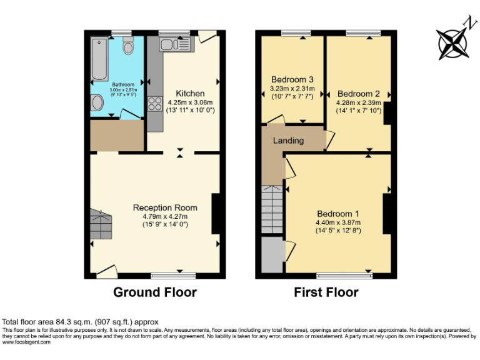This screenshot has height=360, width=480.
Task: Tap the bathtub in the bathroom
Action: tap(98, 59)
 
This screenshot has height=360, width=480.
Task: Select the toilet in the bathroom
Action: tap(129, 46)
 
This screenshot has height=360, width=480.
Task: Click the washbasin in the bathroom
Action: tap(97, 103)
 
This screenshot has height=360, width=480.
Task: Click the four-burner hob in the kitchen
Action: tap(154, 104)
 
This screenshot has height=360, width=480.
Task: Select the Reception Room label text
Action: tap(165, 207)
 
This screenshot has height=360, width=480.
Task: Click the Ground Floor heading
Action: tap(154, 292)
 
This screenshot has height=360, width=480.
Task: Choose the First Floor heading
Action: tap(326, 292)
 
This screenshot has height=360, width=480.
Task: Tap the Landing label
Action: tap(288, 141)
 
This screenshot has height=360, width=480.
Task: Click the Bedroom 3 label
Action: tap(291, 79)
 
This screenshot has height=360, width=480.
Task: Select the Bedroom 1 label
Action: tap(337, 212)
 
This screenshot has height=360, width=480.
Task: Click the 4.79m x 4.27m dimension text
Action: tap(165, 216)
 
